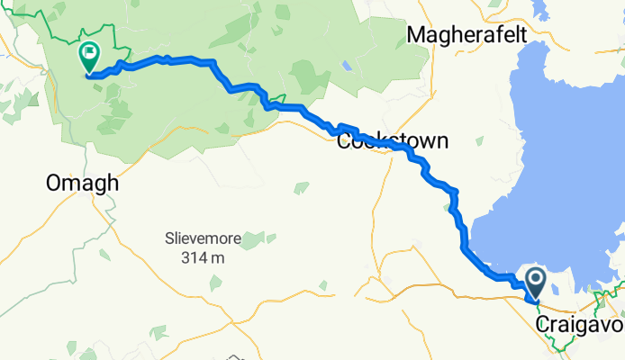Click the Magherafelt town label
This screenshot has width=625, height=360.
pos(476,34)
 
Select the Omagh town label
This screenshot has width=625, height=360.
pos(83,183)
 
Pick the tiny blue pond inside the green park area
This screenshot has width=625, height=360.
pos(347,66)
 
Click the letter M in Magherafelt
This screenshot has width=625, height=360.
pos(417,34)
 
